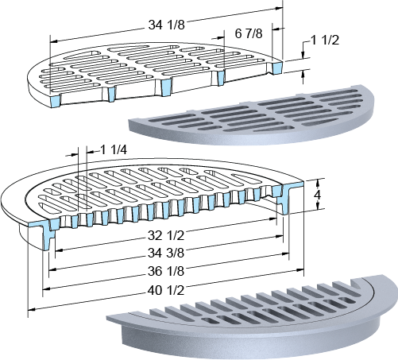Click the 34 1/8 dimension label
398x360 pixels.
tap(166, 25)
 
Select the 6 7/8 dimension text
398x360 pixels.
tap(249, 33)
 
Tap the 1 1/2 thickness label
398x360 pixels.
tap(325, 41)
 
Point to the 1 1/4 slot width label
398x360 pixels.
tap(114, 150)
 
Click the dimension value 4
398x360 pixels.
tap(317, 195)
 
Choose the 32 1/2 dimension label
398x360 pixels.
tap(166, 235)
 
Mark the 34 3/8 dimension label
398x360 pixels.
tap(166, 253)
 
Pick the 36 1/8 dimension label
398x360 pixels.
tap(166, 271)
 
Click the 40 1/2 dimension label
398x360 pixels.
tap(166, 290)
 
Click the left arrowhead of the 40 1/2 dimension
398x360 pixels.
tap(31, 309)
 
